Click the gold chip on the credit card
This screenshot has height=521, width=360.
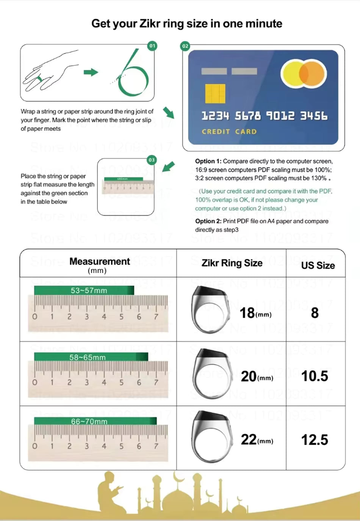215,94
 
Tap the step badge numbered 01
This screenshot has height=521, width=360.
152,46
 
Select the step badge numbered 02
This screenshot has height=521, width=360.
185,46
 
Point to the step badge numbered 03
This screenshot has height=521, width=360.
152,160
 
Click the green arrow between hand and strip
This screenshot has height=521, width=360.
91,72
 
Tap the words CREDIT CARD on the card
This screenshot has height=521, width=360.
229,132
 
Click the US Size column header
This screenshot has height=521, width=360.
318,265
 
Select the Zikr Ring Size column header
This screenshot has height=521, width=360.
232,263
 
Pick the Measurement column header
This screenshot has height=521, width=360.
99,262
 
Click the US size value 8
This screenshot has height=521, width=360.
315,313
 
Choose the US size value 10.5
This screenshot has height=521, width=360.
315,376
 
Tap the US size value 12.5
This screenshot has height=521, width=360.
315,440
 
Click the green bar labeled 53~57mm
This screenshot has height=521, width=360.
84,290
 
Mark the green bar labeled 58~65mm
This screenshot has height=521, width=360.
91,357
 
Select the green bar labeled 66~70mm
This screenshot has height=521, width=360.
95,421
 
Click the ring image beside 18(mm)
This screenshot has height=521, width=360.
209,309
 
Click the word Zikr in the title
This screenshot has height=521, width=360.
150,24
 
